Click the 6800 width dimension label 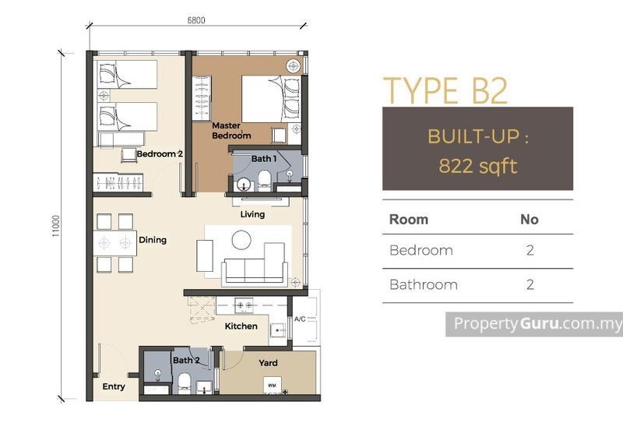point(196,20)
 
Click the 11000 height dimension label point(55,227)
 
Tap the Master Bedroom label point(231,130)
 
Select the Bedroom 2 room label point(160,153)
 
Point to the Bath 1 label point(264,159)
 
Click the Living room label point(252,214)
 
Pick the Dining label point(153,240)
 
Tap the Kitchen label point(241,326)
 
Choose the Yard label point(268,363)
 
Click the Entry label point(114,386)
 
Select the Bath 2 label point(186,361)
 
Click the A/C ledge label point(300,319)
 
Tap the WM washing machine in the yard point(272,385)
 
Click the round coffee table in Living point(241,240)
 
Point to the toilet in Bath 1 point(264,179)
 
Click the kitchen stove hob point(244,305)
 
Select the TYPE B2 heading point(445,90)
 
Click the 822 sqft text point(478,166)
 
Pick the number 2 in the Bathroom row point(530,285)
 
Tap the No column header point(530,220)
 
